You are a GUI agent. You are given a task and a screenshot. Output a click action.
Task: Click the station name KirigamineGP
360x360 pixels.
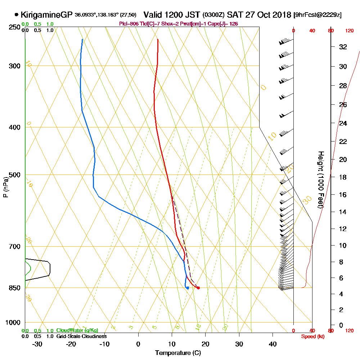[46, 15]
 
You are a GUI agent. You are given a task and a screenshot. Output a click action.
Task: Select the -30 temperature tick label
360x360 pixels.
[37, 344]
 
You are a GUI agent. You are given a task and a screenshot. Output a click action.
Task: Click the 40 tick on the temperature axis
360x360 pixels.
[273, 344]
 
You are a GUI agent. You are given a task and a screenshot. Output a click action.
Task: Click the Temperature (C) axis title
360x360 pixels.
[178, 353]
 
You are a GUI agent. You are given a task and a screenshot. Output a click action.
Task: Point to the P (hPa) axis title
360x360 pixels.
[5, 186]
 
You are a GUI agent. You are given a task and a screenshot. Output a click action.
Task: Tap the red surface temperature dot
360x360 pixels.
[198, 288]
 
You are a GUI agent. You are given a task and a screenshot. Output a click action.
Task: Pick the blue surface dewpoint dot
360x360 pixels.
[188, 288]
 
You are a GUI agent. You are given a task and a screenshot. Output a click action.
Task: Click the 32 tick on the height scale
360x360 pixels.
[343, 47]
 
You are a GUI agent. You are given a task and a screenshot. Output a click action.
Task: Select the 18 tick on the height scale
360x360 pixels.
[343, 177]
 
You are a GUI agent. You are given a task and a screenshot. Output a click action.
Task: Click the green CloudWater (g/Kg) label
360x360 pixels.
[77, 330]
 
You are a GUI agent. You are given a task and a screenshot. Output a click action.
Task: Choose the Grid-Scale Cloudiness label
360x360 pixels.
[81, 336]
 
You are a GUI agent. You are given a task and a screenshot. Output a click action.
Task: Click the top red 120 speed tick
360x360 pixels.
[349, 31]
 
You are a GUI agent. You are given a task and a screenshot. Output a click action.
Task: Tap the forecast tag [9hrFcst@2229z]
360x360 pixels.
[318, 15]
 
